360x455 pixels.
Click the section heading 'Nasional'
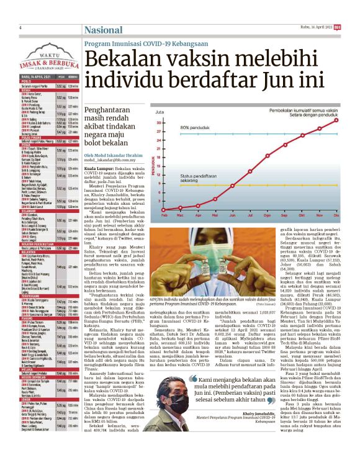[103, 30]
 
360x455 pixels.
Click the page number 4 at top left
[21, 28]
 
